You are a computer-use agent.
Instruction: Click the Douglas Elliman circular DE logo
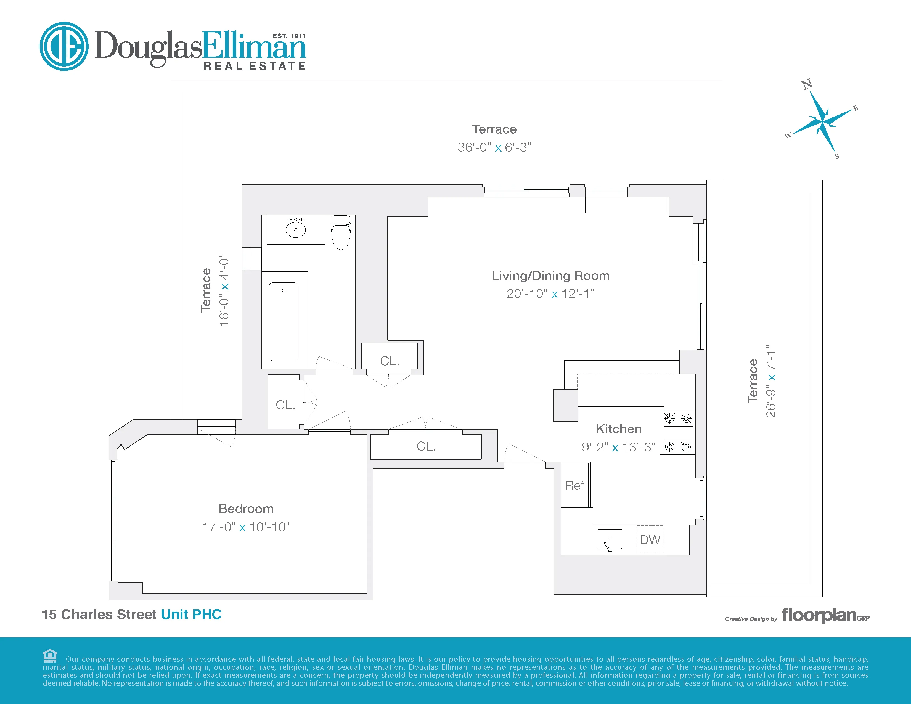(64, 46)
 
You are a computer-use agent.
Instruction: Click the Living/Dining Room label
(550, 276)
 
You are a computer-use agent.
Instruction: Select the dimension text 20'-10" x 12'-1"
(550, 294)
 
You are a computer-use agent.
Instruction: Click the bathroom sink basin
(295, 229)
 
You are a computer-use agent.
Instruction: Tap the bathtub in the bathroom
(284, 321)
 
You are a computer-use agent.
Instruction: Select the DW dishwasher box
(650, 540)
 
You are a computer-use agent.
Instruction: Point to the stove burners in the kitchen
(677, 433)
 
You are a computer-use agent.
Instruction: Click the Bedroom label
(246, 509)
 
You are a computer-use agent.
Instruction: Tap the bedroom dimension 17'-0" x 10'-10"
(246, 527)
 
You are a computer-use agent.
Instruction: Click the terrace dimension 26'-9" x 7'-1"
(770, 381)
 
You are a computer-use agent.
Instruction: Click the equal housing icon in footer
(50, 656)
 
